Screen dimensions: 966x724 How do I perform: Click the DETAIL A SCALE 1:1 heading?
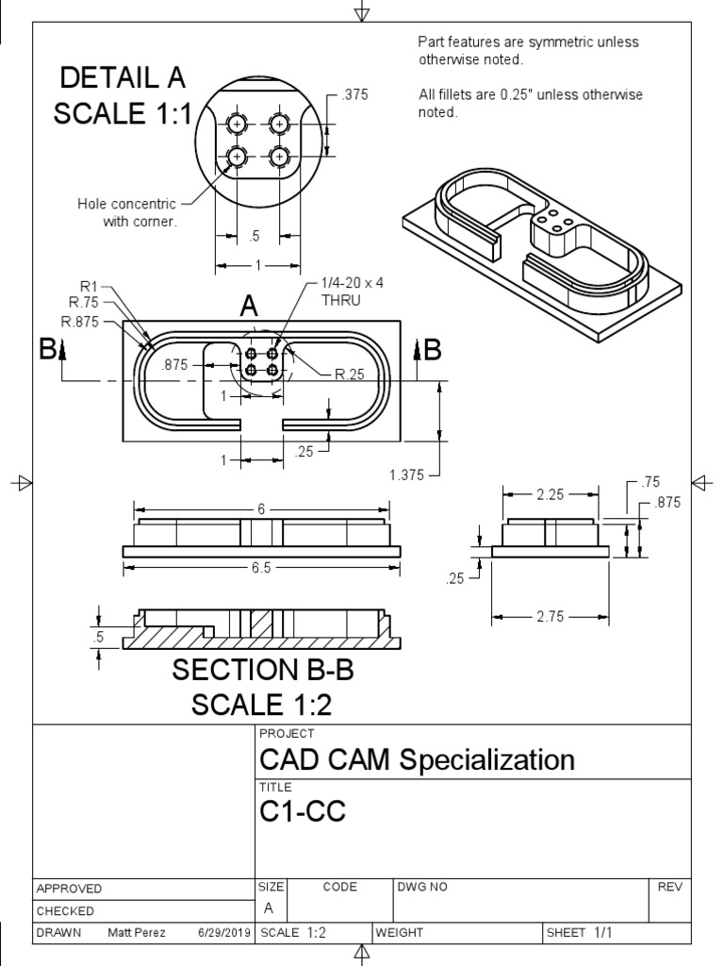[x=123, y=95]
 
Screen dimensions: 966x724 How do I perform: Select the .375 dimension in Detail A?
[x=355, y=94]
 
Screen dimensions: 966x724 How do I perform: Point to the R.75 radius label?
[x=86, y=302]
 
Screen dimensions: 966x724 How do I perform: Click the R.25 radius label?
[x=350, y=375]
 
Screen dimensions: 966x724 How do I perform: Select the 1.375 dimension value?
[x=407, y=475]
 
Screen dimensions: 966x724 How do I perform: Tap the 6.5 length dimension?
[x=261, y=568]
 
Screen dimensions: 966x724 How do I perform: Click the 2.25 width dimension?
[x=551, y=493]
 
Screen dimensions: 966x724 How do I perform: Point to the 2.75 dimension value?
[x=551, y=616]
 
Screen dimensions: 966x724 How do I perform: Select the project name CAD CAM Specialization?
[x=416, y=759]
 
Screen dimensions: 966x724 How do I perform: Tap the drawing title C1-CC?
[x=302, y=811]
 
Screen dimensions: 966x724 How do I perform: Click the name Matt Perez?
[x=139, y=933]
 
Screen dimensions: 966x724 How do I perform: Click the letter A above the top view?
[x=249, y=306]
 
